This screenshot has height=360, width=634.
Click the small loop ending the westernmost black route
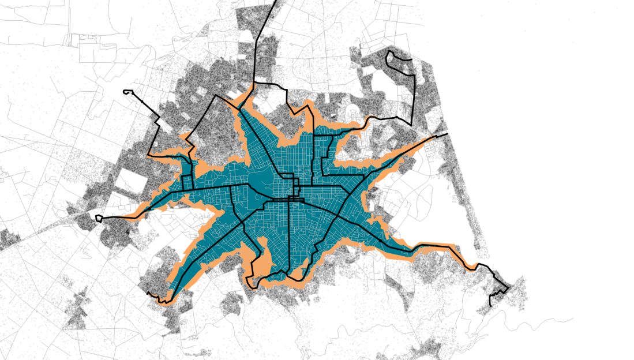(x=99, y=218)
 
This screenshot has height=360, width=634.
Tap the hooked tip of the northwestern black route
(x=127, y=91)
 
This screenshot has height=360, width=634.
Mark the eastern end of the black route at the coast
(x=447, y=135)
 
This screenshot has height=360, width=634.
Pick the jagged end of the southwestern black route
(x=151, y=295)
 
